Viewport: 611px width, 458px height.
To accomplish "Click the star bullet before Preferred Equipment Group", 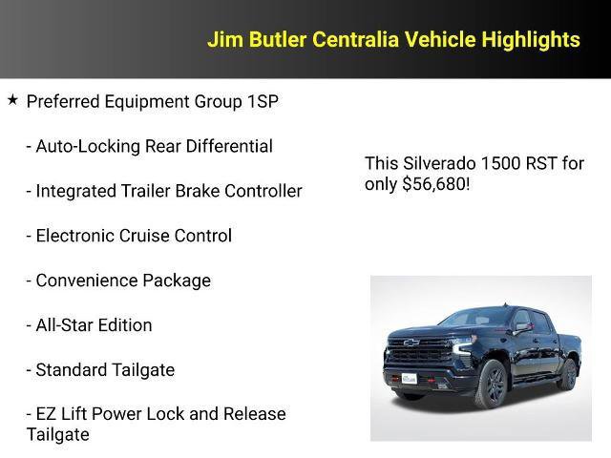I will click(x=12, y=99).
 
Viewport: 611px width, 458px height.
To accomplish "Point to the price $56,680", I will click(x=434, y=184).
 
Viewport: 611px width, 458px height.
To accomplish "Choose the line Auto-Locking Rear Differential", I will click(x=149, y=146).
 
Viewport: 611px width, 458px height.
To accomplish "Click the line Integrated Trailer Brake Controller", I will click(x=163, y=191).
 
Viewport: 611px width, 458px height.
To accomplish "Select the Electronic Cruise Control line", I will click(x=129, y=236).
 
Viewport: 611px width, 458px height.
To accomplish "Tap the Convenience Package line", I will click(x=118, y=281).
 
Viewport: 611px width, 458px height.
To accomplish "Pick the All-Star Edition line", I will click(x=89, y=325).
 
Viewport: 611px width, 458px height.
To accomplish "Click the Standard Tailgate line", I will click(x=100, y=370).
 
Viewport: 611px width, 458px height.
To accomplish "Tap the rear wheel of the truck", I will click(x=568, y=374).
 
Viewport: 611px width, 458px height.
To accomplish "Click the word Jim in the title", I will click(x=223, y=39).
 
